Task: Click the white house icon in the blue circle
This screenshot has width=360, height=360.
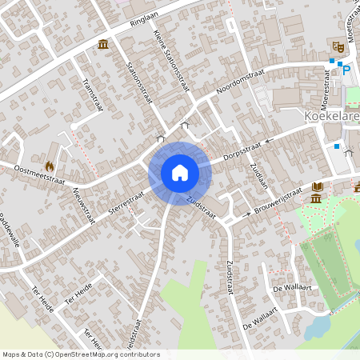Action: pos(180,172)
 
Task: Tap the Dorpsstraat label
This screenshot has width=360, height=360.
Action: pos(243,146)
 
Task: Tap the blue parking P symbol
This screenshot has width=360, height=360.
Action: pos(346,70)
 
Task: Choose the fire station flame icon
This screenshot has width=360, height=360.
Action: pos(50,166)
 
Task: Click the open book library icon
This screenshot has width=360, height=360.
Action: pos(317,186)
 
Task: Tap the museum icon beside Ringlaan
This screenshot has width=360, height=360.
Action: pos(103,43)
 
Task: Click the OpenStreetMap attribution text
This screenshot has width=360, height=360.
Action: pos(81,354)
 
